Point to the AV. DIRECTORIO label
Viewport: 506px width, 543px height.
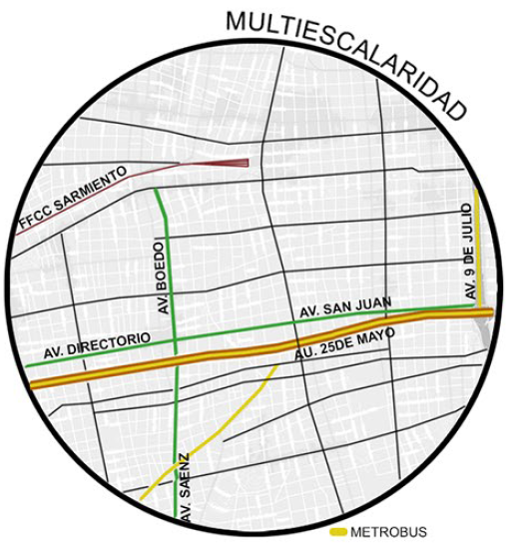click(x=97, y=346)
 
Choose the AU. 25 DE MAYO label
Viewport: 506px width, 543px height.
click(x=344, y=343)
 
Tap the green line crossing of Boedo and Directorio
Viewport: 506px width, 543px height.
click(x=174, y=339)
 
